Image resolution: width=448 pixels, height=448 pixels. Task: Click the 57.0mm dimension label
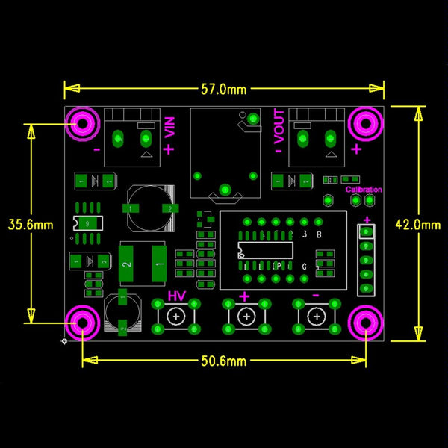pos(223,90)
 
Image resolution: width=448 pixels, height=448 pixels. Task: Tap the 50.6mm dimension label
pos(223,361)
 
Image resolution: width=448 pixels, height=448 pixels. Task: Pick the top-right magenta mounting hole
pos(366,124)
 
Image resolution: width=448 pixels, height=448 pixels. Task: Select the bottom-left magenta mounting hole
pos(82,323)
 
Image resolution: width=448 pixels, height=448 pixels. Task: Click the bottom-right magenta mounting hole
pos(366,323)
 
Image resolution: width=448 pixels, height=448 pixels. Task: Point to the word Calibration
pos(364,190)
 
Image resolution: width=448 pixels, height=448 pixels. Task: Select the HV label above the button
pos(176,296)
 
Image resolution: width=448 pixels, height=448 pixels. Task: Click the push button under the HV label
pos(176,317)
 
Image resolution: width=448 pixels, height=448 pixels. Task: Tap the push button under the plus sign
pos(245,317)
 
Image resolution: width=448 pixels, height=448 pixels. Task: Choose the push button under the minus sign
pos(315,317)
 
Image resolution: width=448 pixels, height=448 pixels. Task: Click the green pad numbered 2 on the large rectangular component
pos(127,265)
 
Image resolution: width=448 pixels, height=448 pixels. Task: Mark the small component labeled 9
pos(88,223)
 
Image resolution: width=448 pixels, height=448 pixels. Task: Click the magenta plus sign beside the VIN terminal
pos(169,149)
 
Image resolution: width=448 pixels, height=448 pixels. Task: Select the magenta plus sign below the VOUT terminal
pos(356,149)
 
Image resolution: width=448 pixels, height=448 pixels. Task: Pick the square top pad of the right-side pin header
pos(367,230)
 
